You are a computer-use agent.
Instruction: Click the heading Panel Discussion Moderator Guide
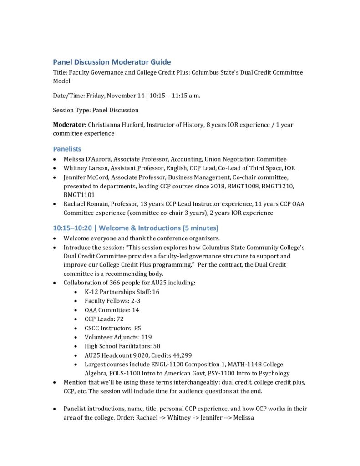(x=112, y=62)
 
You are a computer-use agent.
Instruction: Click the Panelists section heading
(x=67, y=149)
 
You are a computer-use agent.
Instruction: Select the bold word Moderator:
(x=69, y=124)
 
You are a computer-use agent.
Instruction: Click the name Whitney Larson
(x=85, y=168)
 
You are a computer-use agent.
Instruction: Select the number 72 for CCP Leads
(x=120, y=319)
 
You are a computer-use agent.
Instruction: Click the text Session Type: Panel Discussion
(x=96, y=110)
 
